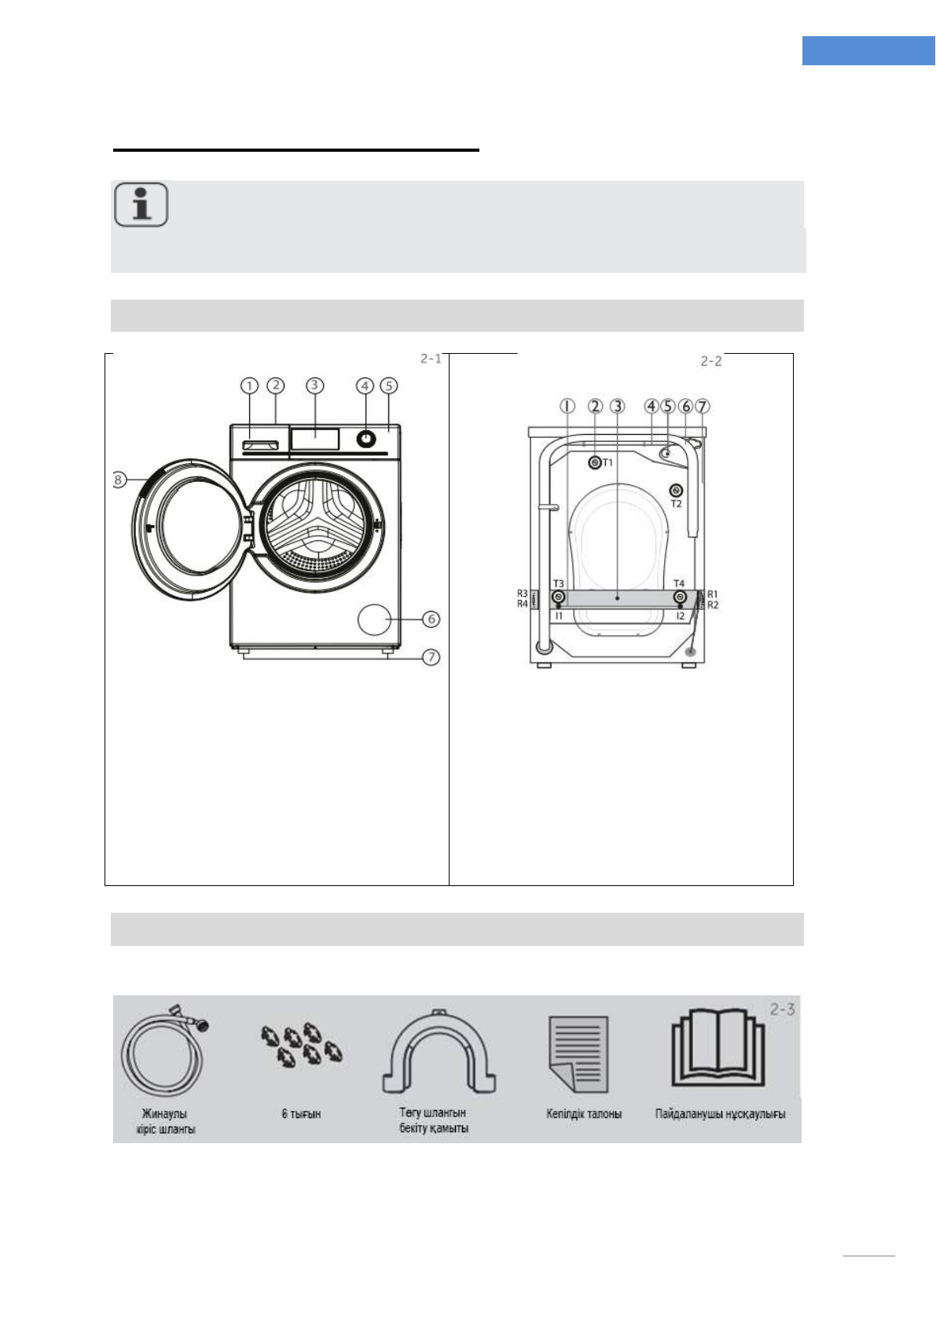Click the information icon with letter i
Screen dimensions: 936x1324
tap(141, 204)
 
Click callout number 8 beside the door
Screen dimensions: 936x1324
tap(119, 480)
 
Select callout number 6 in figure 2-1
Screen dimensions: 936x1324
tap(431, 619)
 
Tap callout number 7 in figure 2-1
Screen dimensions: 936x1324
tap(431, 656)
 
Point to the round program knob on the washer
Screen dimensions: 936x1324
tap(365, 439)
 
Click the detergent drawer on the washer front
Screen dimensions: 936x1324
tap(261, 444)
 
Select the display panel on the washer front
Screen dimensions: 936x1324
tap(314, 439)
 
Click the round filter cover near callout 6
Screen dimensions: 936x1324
tap(374, 620)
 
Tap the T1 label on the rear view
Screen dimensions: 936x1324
tap(607, 462)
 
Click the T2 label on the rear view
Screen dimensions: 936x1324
tap(676, 504)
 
